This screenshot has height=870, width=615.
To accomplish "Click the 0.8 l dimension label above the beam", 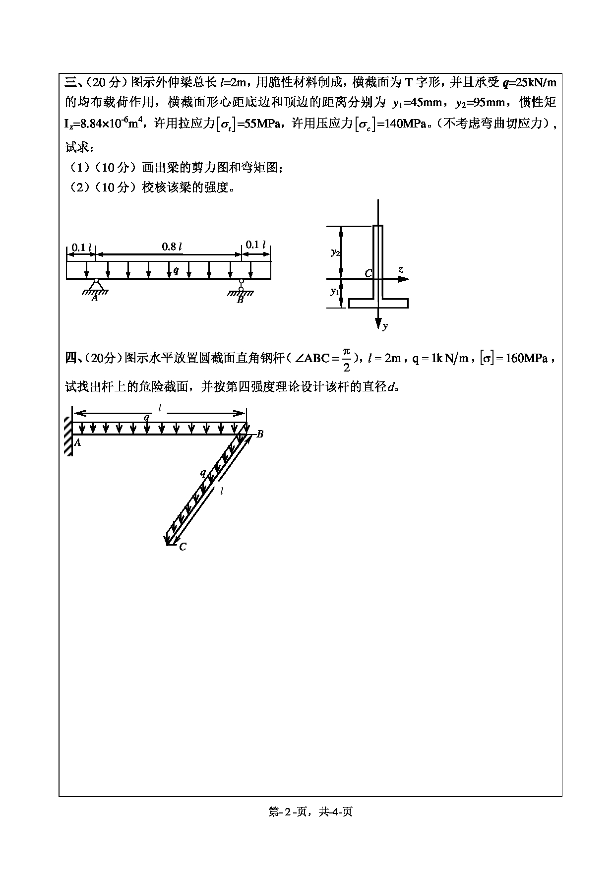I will (172, 247).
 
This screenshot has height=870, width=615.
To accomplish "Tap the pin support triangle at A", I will (96, 285).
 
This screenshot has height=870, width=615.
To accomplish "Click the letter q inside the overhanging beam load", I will (176, 270).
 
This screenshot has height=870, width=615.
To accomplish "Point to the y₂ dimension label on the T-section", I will (335, 252).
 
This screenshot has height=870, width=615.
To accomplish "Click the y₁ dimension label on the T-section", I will (335, 292).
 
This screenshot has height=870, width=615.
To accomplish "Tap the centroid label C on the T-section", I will (368, 274).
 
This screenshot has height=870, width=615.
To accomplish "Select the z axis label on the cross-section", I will (400, 270).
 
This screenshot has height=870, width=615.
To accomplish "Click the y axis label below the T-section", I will (385, 325).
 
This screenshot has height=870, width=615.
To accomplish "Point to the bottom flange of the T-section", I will (378, 303).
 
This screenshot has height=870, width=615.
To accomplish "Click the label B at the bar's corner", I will (260, 435).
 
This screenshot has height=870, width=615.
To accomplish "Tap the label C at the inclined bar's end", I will (183, 547).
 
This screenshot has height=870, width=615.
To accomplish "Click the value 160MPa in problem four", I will (526, 358).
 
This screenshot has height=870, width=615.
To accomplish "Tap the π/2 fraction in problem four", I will (346, 359).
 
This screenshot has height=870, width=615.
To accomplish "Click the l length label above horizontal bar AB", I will (160, 407).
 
